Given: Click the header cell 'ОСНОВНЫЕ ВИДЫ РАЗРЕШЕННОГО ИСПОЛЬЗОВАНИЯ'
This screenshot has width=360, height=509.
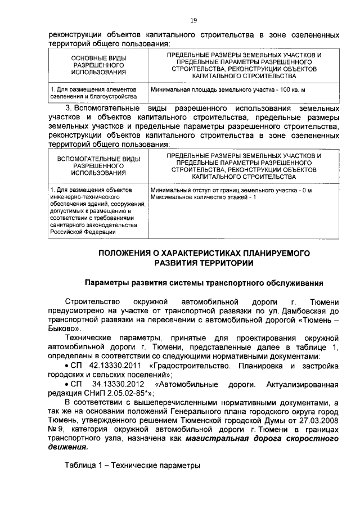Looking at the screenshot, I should tap(98, 65).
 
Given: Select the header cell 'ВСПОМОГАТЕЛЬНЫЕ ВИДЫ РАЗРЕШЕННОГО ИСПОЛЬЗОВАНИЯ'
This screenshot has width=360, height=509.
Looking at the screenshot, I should tap(98, 166).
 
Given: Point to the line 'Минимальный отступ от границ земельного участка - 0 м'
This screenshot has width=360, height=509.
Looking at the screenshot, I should tap(231, 191).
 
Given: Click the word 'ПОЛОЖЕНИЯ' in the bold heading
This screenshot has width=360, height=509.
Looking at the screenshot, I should tap(125, 253).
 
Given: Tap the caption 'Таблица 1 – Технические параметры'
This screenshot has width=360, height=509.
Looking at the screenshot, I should tap(132, 466).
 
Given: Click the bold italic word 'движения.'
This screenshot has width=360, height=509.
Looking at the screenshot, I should tap(68, 448).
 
